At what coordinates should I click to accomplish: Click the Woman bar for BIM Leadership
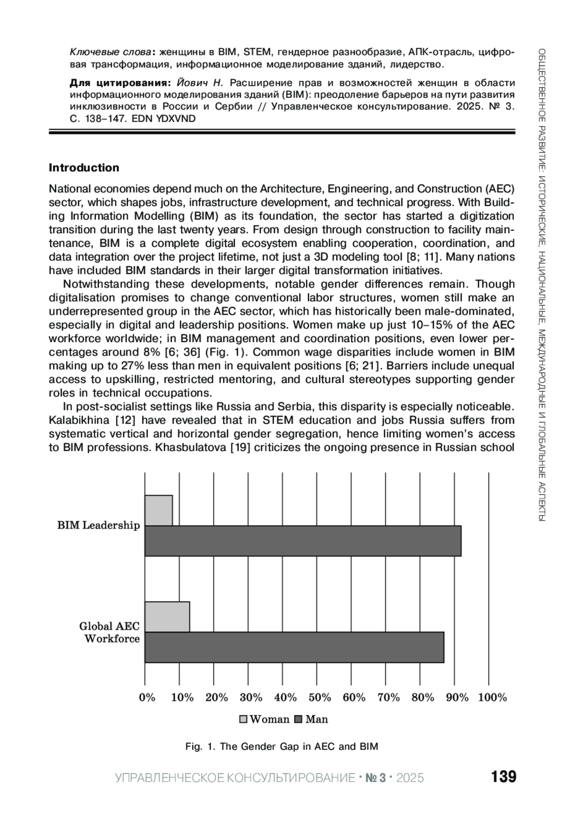tap(158, 510)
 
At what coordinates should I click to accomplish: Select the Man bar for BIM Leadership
tap(303, 541)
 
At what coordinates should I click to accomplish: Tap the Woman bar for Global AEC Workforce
tap(167, 617)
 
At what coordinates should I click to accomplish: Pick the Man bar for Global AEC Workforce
tap(294, 647)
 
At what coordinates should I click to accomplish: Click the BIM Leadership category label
tap(99, 525)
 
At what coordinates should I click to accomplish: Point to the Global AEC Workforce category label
tap(110, 633)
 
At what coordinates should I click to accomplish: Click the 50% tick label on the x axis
tap(320, 697)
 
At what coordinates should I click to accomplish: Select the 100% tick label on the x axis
tap(492, 697)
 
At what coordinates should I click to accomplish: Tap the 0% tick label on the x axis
tap(147, 697)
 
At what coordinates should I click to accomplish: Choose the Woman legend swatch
tap(243, 720)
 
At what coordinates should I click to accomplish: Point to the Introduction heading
tap(84, 168)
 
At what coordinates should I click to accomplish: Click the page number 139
tap(503, 777)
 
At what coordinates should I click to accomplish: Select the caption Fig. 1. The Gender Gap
tap(282, 747)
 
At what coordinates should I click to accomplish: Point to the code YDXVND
tap(176, 119)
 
